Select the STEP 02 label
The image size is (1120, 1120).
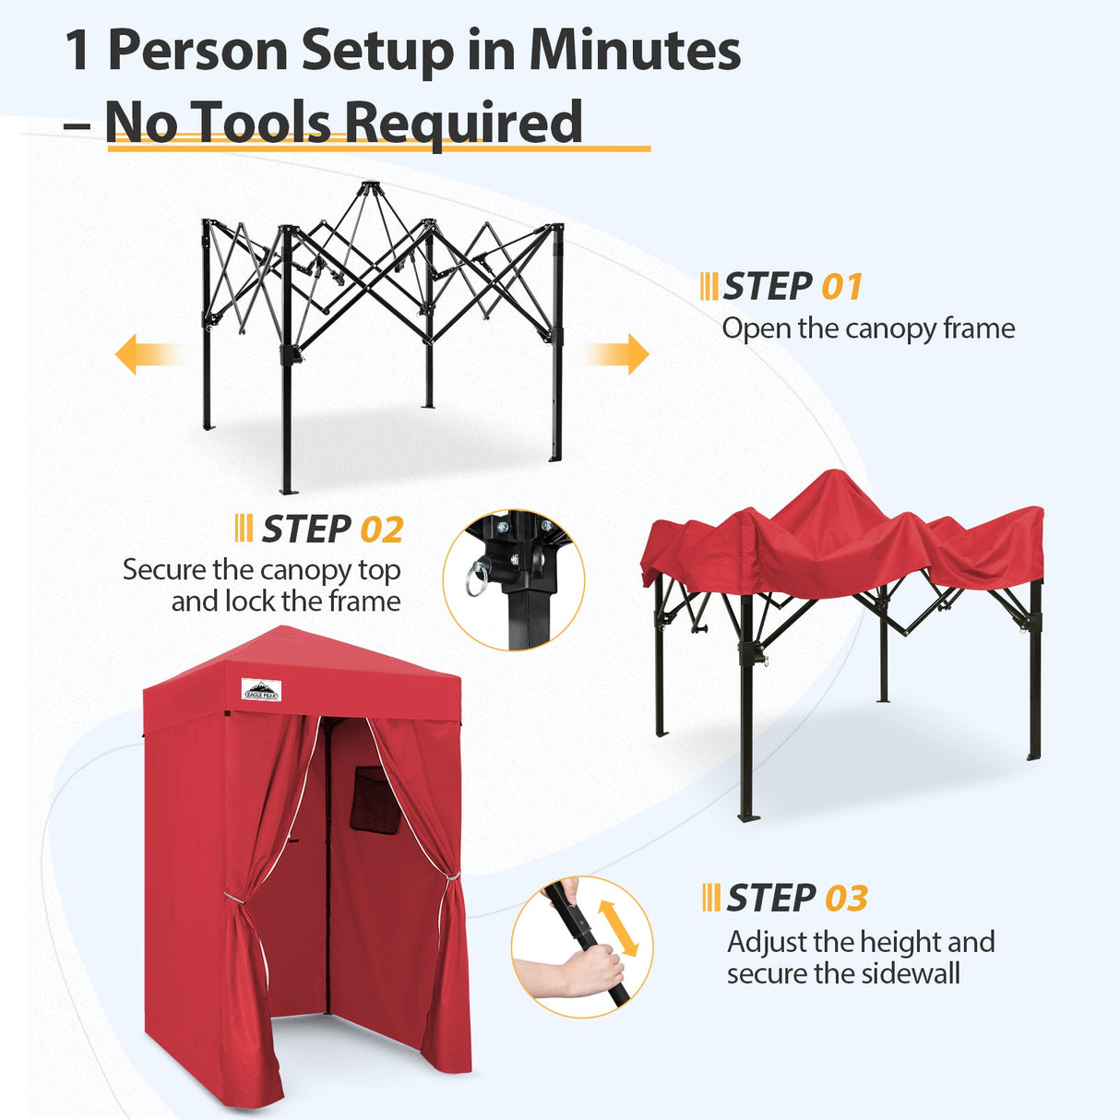pos(332,530)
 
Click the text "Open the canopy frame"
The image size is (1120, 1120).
pos(868,328)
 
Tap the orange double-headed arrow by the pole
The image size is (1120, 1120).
pos(618,927)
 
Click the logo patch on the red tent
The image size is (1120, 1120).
pos(261,690)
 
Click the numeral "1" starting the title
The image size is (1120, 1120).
pos(77,51)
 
